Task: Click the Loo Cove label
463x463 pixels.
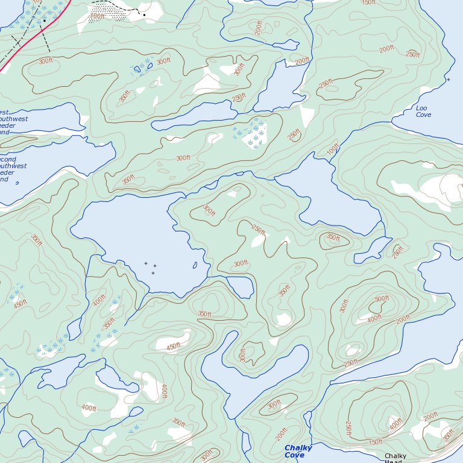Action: coord(424,111)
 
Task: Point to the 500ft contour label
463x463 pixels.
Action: coord(382,298)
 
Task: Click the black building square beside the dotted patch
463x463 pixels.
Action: coord(144,14)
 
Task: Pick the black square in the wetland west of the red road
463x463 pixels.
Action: coord(44,20)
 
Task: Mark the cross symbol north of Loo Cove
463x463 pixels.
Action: coord(448,79)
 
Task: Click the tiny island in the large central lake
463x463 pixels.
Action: coord(195,265)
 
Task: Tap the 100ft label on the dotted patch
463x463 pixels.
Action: coord(97,16)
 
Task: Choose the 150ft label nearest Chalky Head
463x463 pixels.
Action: coord(375,443)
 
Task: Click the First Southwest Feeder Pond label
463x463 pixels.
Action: coord(12,122)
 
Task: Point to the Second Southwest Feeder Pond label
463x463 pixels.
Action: coord(12,169)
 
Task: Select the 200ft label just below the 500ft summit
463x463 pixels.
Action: coord(403,319)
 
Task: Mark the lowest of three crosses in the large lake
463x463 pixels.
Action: coord(153,273)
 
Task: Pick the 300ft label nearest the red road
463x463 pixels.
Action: coord(45,61)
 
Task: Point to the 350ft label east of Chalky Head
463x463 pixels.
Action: coord(449,434)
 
